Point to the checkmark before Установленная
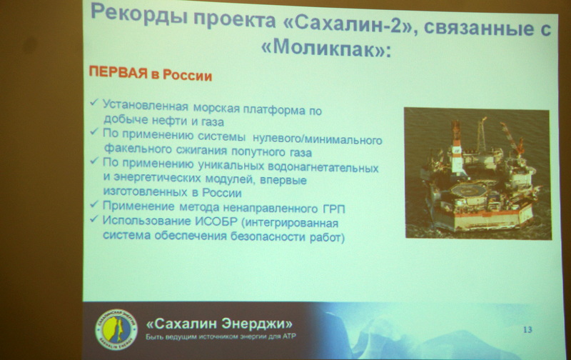point(94,104)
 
